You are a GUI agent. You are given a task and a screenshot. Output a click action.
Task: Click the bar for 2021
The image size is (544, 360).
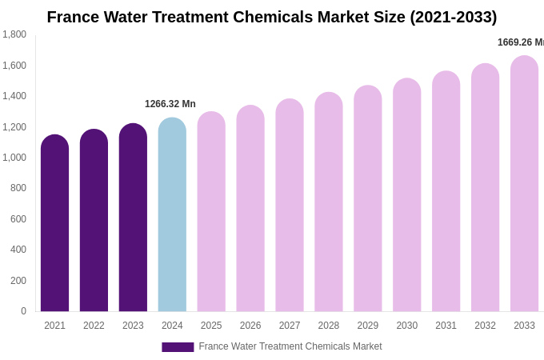tap(54, 223)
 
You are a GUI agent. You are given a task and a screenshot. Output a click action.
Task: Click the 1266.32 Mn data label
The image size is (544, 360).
tap(170, 104)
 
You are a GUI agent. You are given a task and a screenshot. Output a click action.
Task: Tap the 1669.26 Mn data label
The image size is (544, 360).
tap(520, 42)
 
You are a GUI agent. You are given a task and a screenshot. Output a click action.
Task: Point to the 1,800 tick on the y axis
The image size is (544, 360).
tap(14, 34)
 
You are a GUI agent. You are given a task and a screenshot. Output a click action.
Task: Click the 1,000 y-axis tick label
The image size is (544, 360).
tap(14, 158)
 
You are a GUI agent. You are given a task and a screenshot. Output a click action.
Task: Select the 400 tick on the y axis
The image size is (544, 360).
tap(18, 250)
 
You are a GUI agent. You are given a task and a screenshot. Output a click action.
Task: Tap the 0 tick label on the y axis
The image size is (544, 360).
tap(23, 311)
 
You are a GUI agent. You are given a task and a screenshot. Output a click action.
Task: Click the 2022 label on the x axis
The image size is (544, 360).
tap(94, 326)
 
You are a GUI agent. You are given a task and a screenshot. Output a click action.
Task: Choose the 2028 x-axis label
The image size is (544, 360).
tap(329, 326)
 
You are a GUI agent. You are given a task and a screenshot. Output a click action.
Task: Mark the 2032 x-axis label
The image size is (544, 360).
tap(485, 326)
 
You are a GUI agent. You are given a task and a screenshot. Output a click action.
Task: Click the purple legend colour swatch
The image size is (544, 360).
tap(178, 347)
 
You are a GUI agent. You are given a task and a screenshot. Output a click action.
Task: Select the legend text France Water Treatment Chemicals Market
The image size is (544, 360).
tap(290, 346)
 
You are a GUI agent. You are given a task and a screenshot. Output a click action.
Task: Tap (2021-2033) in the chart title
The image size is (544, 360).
tap(453, 17)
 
